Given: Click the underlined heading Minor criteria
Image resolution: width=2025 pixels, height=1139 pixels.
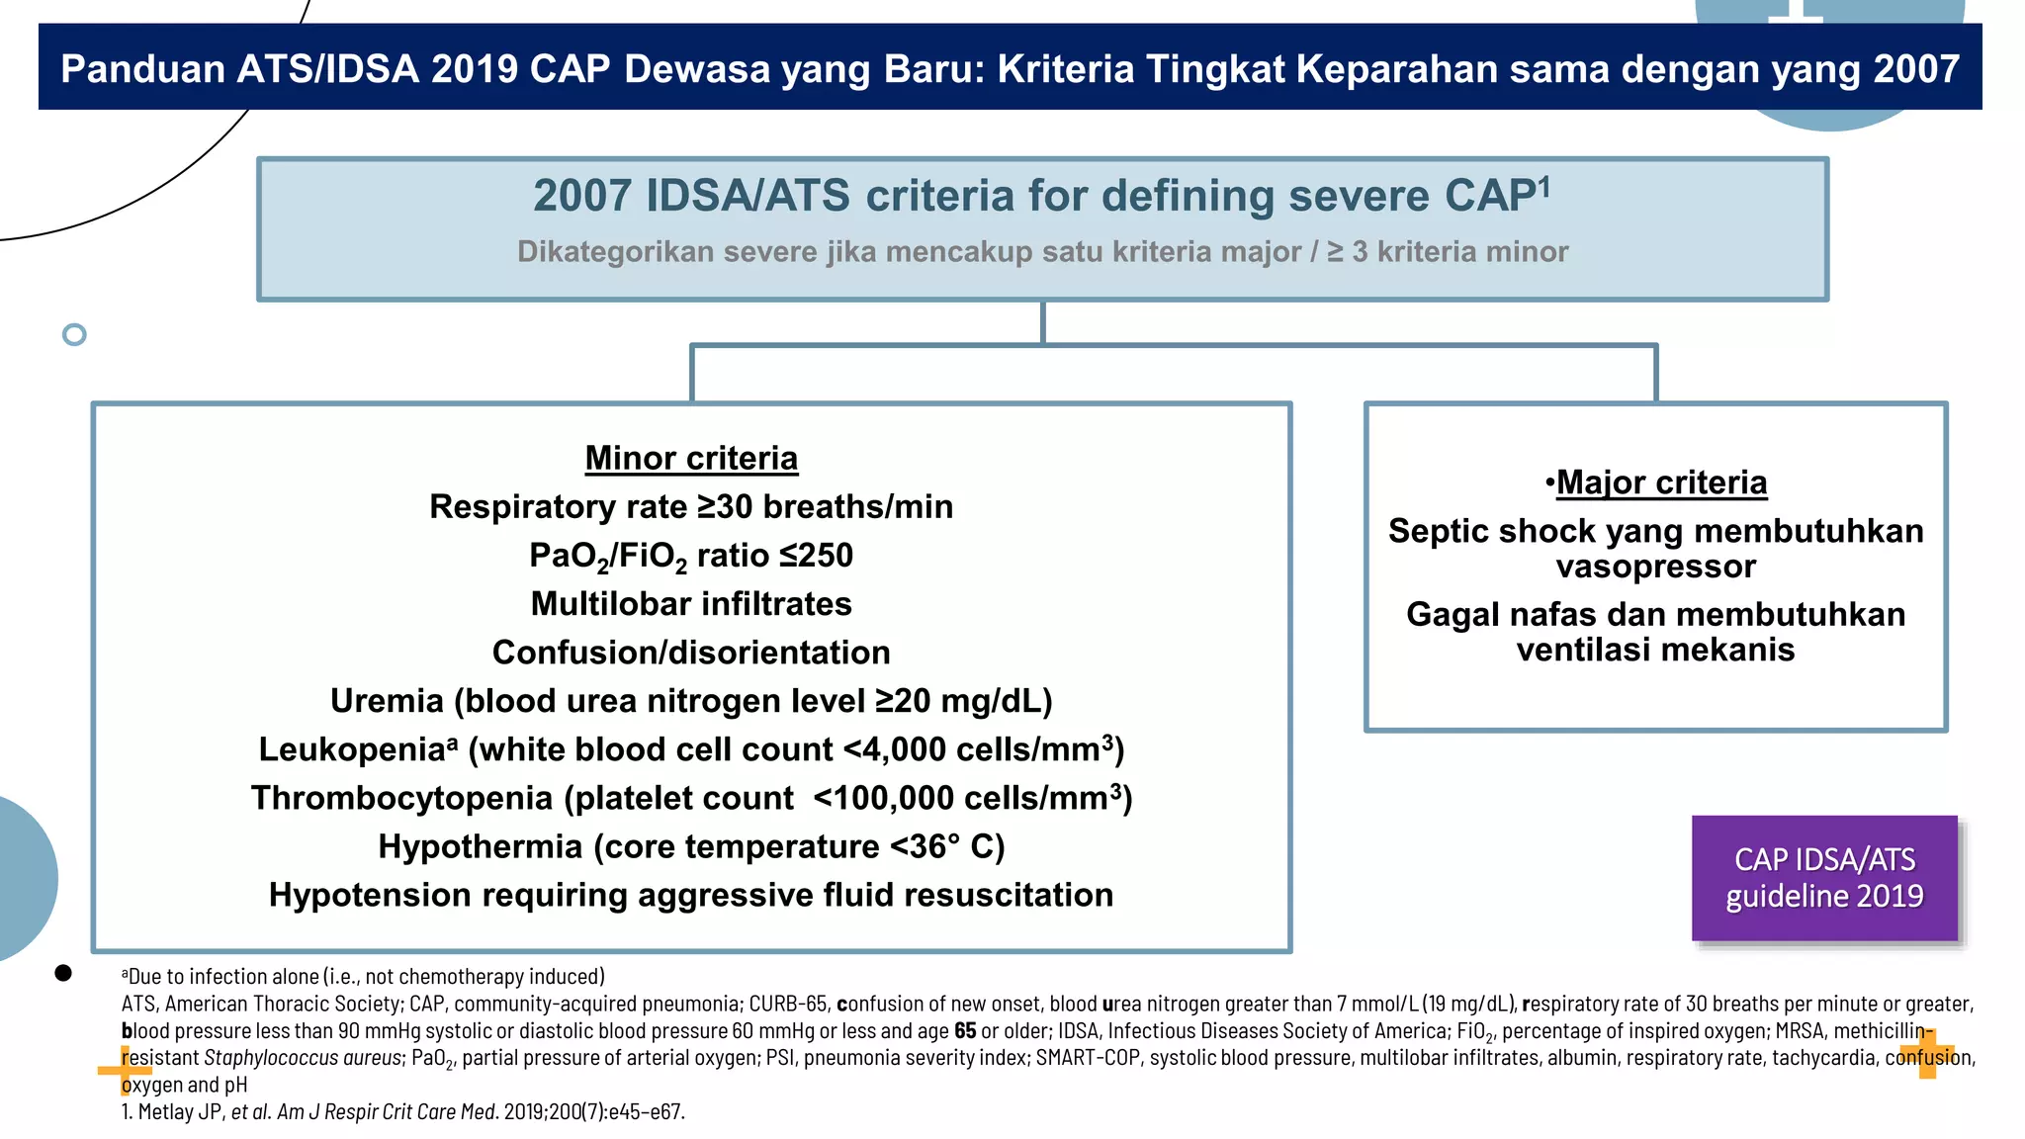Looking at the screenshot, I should tap(691, 459).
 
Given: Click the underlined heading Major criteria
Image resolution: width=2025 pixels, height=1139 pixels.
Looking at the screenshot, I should tap(1661, 482).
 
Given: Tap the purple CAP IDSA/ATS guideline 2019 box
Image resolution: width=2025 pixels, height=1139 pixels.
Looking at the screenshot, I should tap(1824, 878).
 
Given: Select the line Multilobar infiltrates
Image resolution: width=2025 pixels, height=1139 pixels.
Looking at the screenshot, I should tap(691, 604).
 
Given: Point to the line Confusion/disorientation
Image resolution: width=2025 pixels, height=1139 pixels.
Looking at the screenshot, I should tap(691, 653).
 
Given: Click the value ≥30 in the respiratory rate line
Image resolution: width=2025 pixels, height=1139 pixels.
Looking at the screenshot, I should tap(725, 507).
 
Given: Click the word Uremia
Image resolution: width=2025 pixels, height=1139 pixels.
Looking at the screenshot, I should tap(387, 701).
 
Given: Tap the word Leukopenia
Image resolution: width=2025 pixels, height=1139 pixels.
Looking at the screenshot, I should tap(352, 749).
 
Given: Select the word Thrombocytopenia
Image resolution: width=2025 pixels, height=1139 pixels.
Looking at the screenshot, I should tap(401, 798).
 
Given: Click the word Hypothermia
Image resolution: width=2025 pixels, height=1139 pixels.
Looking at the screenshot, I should tap(481, 846).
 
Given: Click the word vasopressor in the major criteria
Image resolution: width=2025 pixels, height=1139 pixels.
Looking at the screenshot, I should tap(1656, 567).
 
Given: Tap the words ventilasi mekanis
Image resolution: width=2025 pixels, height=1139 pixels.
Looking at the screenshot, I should tap(1656, 650).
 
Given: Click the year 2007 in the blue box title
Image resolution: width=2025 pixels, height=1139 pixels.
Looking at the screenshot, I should tap(581, 196).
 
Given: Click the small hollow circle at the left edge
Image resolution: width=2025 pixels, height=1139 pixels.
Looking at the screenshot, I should tap(74, 334).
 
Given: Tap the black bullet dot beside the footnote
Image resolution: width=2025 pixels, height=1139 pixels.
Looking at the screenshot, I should tap(63, 973).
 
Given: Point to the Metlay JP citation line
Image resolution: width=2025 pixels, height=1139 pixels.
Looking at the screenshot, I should tap(403, 1111).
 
